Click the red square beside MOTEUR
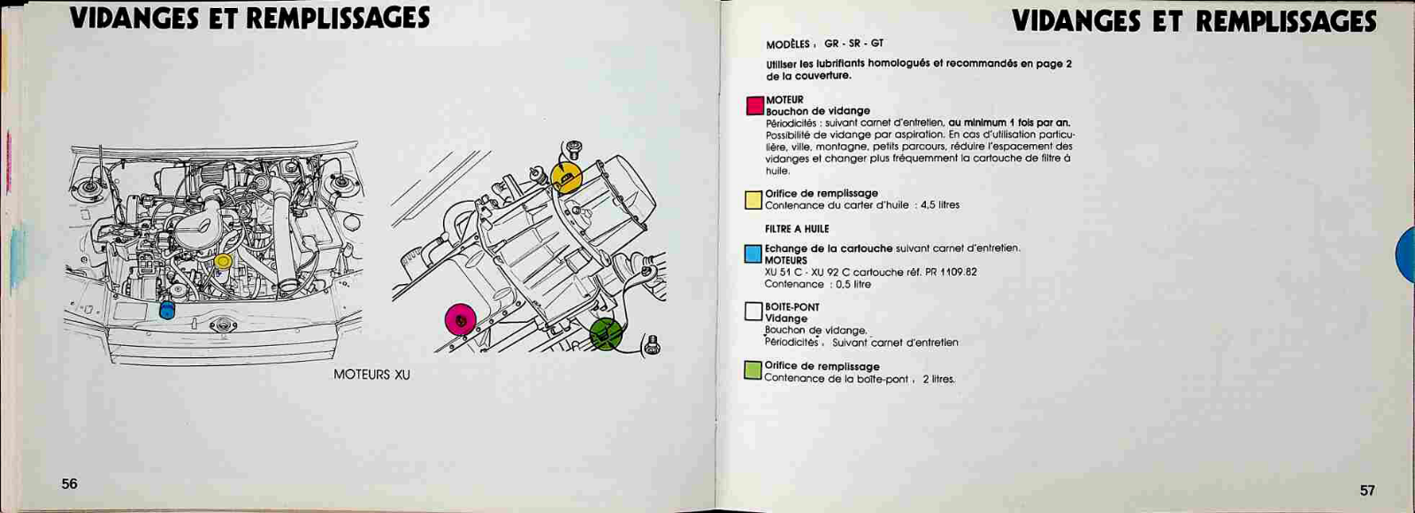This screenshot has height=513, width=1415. pyautogui.click(x=755, y=105)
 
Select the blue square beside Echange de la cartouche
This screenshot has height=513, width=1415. pyautogui.click(x=753, y=254)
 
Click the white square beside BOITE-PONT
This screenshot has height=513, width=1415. pyautogui.click(x=753, y=311)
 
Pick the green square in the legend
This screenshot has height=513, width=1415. pyautogui.click(x=753, y=371)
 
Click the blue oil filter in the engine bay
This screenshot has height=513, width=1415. pyautogui.click(x=167, y=310)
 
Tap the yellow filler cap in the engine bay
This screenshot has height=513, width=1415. pyautogui.click(x=223, y=261)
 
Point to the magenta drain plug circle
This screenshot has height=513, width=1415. pyautogui.click(x=461, y=320)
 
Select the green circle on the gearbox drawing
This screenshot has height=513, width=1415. pyautogui.click(x=606, y=333)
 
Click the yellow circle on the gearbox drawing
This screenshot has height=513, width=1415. pyautogui.click(x=566, y=177)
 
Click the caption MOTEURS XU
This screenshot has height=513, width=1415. pyautogui.click(x=371, y=375)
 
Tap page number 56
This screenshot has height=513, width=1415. pyautogui.click(x=70, y=484)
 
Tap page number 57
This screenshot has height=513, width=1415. pyautogui.click(x=1367, y=490)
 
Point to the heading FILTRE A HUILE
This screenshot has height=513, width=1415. pyautogui.click(x=797, y=229)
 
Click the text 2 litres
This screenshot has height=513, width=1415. pyautogui.click(x=938, y=379)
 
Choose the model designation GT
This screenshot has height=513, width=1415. pyautogui.click(x=876, y=43)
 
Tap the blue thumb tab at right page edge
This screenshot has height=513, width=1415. pyautogui.click(x=1405, y=255)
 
